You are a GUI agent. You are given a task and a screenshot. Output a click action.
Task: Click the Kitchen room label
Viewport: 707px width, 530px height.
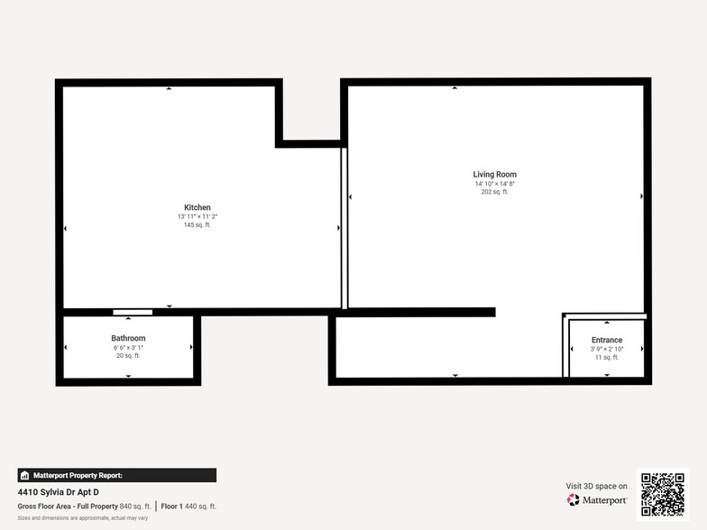[x=197, y=207]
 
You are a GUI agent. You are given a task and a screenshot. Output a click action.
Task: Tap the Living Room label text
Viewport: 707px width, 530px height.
[x=494, y=174]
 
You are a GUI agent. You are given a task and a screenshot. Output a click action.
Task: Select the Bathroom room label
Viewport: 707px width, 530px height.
[x=128, y=338]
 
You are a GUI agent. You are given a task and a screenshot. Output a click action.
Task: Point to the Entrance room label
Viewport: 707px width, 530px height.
[x=607, y=340]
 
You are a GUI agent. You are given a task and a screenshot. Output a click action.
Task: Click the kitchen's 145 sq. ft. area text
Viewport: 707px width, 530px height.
[x=197, y=224]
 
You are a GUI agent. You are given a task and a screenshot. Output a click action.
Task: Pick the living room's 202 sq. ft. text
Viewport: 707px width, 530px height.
[x=494, y=192]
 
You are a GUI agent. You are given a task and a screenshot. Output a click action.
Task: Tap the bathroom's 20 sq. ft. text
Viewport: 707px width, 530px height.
[x=128, y=356]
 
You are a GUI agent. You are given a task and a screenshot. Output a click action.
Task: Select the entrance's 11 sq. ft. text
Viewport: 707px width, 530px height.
[x=607, y=358]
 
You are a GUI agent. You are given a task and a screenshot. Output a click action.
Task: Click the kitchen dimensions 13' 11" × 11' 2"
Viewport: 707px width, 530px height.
[x=197, y=216]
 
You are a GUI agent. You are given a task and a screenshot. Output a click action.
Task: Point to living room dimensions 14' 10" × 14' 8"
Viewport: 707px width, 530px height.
[x=494, y=183]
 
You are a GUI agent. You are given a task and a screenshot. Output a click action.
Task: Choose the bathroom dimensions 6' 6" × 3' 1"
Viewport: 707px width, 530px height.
[x=128, y=347]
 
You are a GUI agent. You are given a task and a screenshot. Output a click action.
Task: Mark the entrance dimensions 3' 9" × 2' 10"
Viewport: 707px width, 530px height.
[x=607, y=349]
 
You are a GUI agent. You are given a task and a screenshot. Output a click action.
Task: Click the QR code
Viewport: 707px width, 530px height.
[x=662, y=494]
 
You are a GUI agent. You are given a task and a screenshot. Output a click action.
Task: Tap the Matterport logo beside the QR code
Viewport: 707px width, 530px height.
[x=597, y=500]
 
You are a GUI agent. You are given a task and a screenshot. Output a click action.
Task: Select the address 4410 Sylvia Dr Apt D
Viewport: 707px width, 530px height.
[x=59, y=492]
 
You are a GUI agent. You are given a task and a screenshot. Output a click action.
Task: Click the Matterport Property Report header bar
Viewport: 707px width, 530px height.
[x=116, y=475]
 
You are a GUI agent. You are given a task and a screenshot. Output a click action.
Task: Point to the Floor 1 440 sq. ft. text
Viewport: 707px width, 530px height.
[x=188, y=507]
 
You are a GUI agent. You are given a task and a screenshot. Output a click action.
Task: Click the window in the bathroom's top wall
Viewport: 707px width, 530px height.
[x=133, y=312]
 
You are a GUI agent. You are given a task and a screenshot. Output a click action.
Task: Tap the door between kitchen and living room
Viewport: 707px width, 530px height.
[x=344, y=229]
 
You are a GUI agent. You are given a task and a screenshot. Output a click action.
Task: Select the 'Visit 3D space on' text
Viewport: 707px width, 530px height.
[x=596, y=486]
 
